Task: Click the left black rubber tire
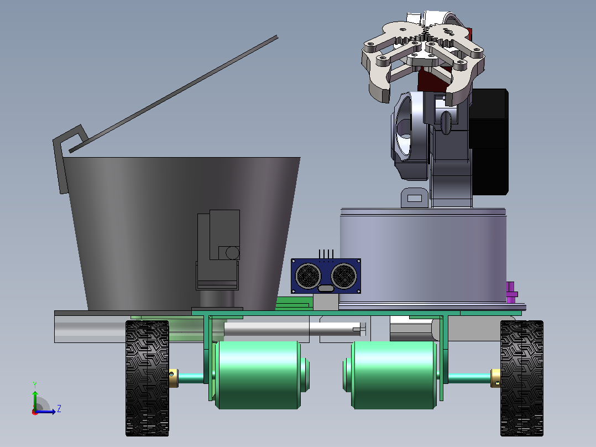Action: coord(147,378)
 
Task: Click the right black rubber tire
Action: coord(522,378)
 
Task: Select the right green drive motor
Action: coord(391,375)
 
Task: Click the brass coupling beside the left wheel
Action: coord(174,378)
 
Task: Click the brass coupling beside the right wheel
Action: coord(495,378)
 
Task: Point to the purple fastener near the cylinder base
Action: coord(511,292)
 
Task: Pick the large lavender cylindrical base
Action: coord(423,256)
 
